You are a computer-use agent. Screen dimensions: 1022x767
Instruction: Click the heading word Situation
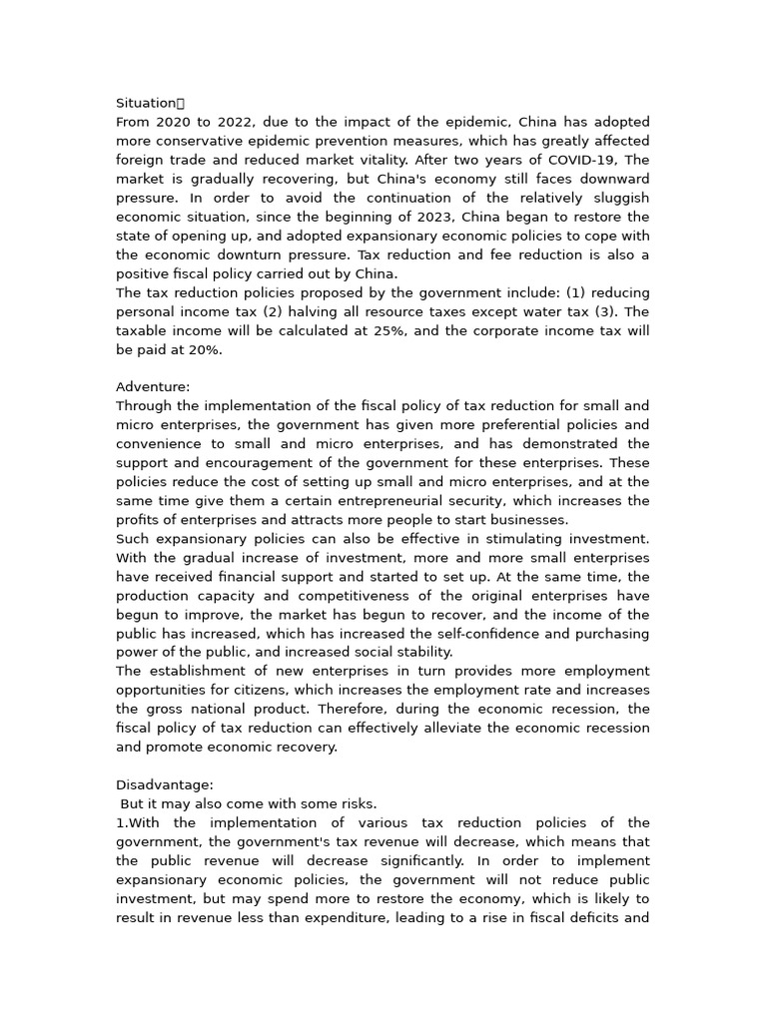pos(146,103)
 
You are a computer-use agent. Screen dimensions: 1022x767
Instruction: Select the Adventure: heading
pos(153,387)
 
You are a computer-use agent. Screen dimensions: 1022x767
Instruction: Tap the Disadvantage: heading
pos(165,785)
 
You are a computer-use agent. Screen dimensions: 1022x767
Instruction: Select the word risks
pos(356,804)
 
